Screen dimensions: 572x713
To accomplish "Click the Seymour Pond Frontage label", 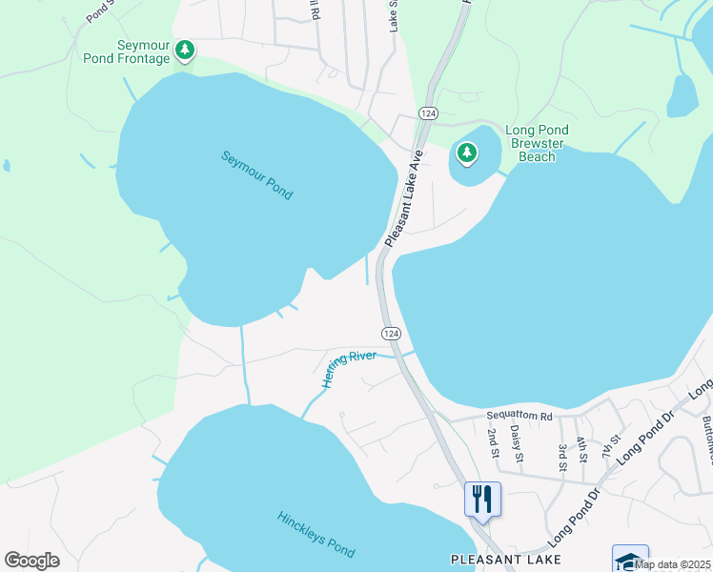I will (x=143, y=51).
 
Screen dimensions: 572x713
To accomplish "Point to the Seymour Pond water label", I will (x=256, y=175).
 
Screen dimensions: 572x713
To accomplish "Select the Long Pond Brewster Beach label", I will (x=537, y=143).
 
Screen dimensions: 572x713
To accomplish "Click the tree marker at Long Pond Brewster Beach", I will (x=466, y=152).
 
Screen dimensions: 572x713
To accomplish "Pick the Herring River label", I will (x=348, y=368).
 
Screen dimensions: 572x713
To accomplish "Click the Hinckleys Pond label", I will (x=316, y=535).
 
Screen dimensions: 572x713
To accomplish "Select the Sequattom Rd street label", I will (x=519, y=417).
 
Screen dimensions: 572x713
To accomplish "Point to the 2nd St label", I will (x=493, y=441).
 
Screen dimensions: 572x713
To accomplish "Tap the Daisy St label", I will (x=518, y=445).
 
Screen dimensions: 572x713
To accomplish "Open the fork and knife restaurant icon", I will (x=482, y=499).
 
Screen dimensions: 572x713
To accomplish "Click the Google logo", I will (x=31, y=561).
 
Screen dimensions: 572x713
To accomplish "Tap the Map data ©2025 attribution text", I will (x=672, y=564).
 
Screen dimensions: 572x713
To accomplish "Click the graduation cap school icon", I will (x=630, y=559).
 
